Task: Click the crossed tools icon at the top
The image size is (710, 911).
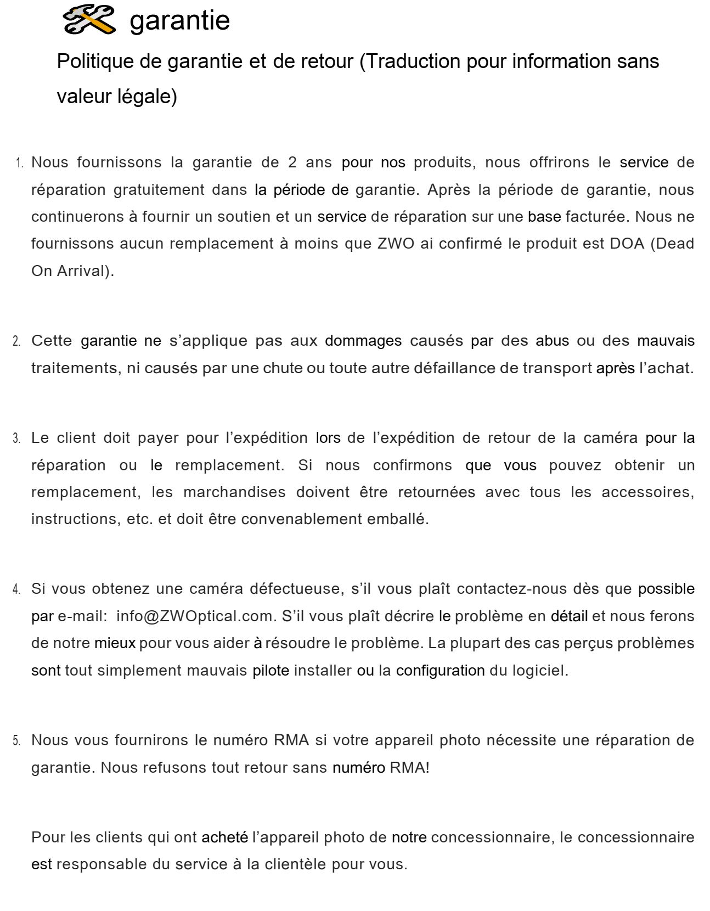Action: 89,20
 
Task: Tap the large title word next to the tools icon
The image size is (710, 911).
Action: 179,21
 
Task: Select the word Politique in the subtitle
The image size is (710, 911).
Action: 95,61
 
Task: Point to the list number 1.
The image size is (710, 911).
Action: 20,163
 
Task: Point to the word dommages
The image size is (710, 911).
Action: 363,341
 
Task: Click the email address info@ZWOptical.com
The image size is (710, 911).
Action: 194,616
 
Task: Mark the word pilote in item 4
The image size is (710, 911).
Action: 271,670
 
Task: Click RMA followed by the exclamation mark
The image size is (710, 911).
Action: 409,767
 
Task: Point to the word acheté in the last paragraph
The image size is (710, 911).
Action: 224,837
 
